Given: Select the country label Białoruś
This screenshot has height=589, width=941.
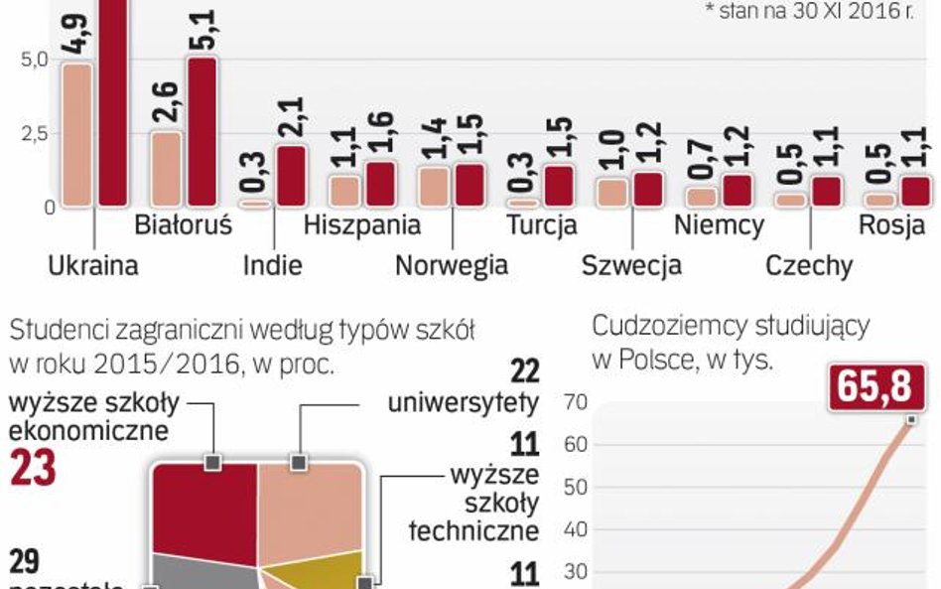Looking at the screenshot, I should [183, 225].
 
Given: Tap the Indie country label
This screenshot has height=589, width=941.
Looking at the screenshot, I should [272, 265].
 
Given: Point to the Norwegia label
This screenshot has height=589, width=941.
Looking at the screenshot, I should [451, 265].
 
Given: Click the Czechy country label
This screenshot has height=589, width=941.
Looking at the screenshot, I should [809, 265].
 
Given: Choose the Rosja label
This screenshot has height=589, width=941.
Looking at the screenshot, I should [891, 225].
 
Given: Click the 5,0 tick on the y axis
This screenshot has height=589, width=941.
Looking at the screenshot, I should [34, 60].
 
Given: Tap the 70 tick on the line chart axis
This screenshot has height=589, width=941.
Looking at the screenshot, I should [576, 402].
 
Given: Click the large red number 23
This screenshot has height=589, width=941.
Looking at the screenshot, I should [32, 468].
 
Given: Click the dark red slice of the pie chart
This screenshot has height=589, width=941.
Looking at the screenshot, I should [203, 507].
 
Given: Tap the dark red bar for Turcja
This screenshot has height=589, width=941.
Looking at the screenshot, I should [560, 186].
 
